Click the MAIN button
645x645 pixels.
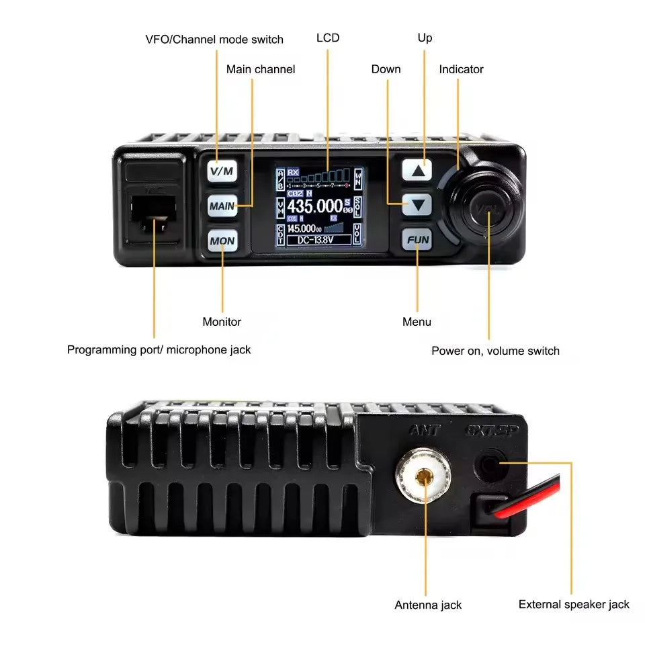[x=222, y=206]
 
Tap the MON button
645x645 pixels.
[x=222, y=240]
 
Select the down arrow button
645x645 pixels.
[x=417, y=205]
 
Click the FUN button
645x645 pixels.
[x=417, y=239]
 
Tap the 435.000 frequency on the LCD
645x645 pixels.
[x=314, y=206]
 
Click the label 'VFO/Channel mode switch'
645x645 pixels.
[x=214, y=39]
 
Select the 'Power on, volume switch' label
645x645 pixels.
[x=495, y=351]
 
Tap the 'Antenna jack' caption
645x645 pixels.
[x=428, y=605]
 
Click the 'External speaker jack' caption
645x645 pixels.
[x=574, y=605]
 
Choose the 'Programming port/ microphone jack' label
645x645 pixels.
[x=159, y=349]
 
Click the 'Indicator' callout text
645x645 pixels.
[x=461, y=69]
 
